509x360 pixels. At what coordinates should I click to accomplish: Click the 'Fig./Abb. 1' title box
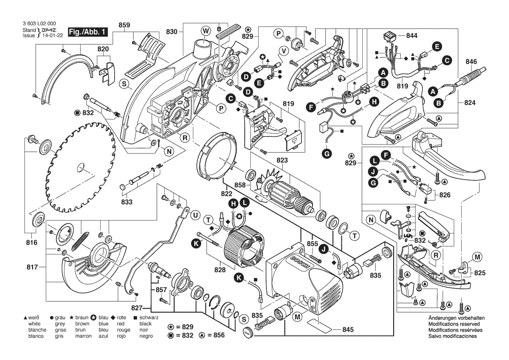[88, 32]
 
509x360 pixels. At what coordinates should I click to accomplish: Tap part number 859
[125, 25]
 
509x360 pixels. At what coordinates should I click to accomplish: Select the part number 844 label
[411, 36]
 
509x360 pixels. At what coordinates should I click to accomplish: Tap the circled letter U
[194, 215]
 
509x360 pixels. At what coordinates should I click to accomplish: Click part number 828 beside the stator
[220, 270]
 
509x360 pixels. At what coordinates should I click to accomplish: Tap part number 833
[127, 202]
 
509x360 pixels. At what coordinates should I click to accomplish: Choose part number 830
[172, 31]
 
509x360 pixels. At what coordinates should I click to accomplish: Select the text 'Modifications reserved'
[454, 325]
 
